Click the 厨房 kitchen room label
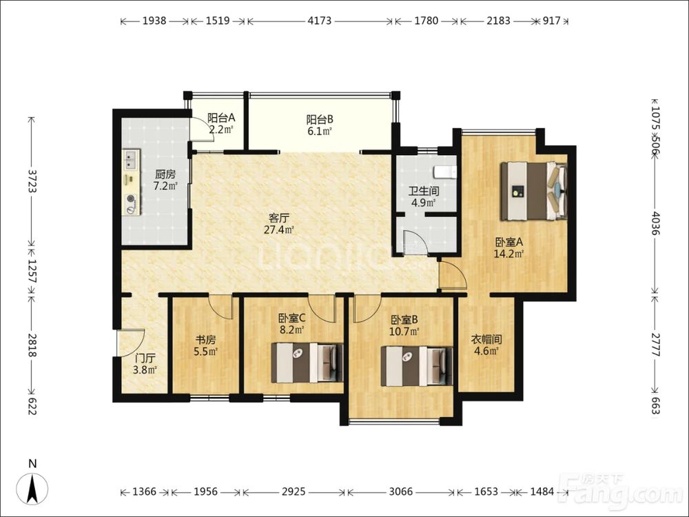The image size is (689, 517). [165, 174]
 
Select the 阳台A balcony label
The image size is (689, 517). [221, 118]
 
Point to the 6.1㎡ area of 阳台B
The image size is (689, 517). [320, 130]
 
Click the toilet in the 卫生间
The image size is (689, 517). [446, 172]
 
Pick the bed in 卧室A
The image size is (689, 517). [534, 191]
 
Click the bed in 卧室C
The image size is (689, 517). [307, 363]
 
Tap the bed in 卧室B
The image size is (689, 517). [417, 366]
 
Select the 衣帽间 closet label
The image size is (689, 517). [486, 339]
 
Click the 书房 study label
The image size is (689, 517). [205, 340]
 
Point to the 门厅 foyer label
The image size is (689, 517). [145, 358]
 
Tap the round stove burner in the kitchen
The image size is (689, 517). [131, 199]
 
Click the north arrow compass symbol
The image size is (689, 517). [32, 488]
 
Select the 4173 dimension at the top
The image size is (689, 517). [320, 21]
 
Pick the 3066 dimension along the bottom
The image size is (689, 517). [401, 491]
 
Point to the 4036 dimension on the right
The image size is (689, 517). [655, 223]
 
